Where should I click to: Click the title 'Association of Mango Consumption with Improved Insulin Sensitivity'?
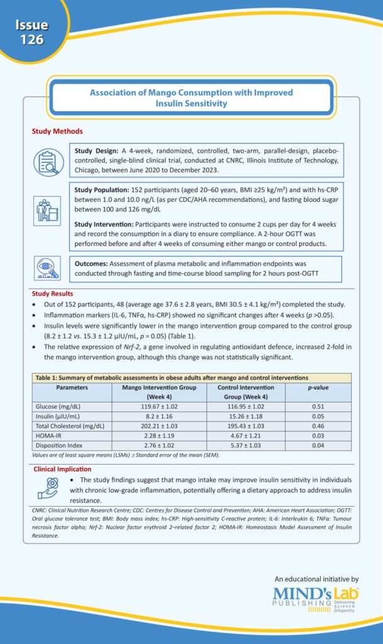pyautogui.click(x=191, y=97)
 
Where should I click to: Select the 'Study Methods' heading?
pyautogui.click(x=57, y=131)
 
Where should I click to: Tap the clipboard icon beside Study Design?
pyautogui.click(x=48, y=162)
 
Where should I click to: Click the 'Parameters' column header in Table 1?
pyautogui.click(x=72, y=388)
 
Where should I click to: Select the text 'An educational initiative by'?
pyautogui.click(x=316, y=578)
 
